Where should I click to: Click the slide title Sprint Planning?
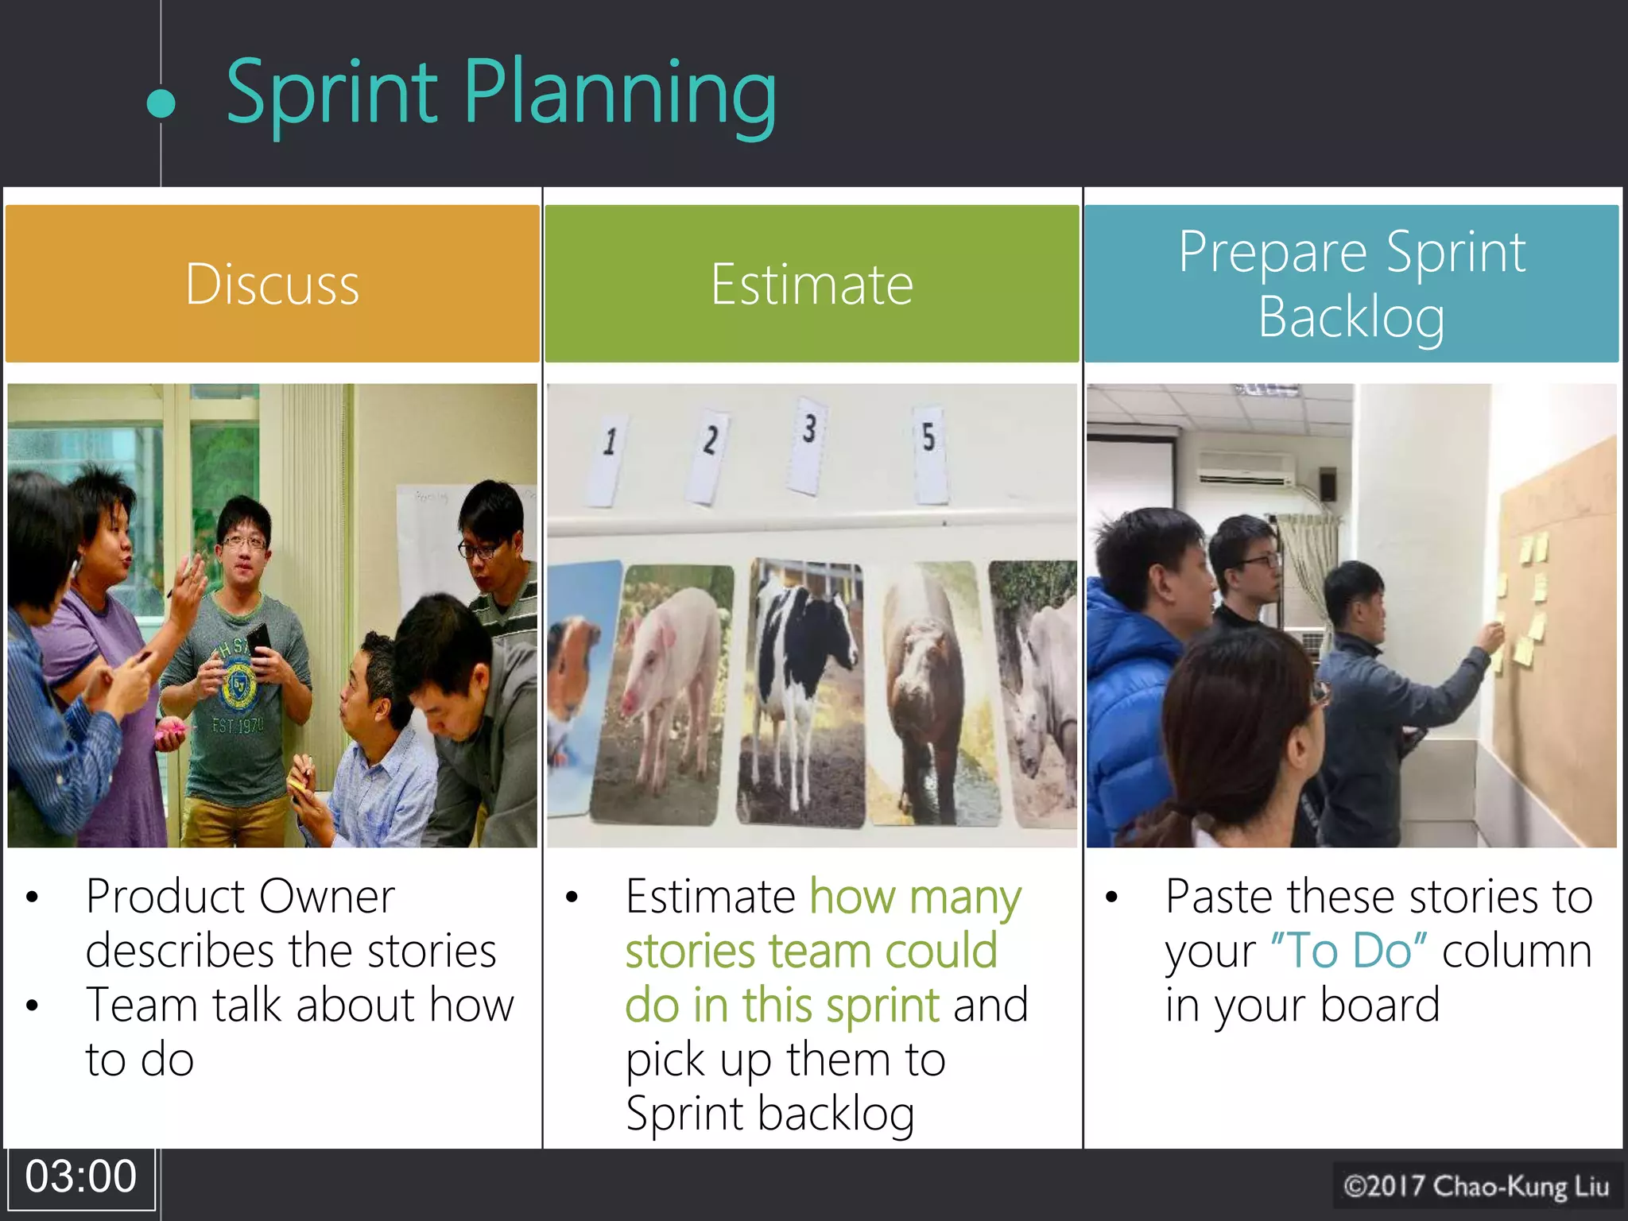coord(501,94)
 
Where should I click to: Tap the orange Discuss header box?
coord(272,284)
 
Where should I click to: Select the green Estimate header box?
coord(812,284)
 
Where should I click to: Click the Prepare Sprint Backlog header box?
coord(1351,284)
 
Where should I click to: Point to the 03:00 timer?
coord(80,1176)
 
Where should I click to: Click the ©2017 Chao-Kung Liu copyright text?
coord(1476,1186)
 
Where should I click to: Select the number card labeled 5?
coord(929,453)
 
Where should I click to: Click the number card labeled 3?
coord(808,445)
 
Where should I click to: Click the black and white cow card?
coord(803,692)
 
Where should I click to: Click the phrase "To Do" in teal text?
coord(1349,950)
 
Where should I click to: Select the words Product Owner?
coord(240,897)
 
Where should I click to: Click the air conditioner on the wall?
coord(1246,469)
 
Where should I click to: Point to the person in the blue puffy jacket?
coord(1133,676)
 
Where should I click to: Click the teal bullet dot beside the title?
coord(161,103)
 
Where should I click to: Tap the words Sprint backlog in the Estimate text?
coord(769,1113)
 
